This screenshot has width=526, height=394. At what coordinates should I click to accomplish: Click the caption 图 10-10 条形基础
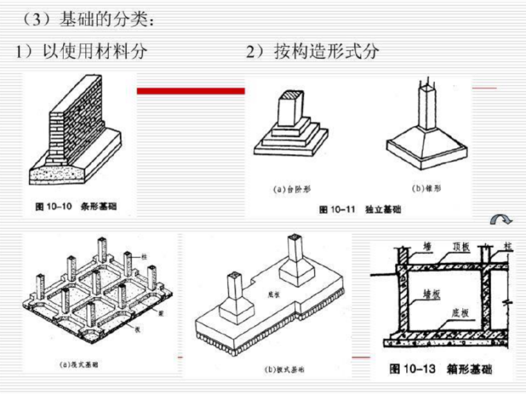click(76, 206)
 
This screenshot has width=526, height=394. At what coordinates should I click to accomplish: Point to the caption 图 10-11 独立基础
click(359, 209)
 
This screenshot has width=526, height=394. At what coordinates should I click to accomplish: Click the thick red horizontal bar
click(190, 90)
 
